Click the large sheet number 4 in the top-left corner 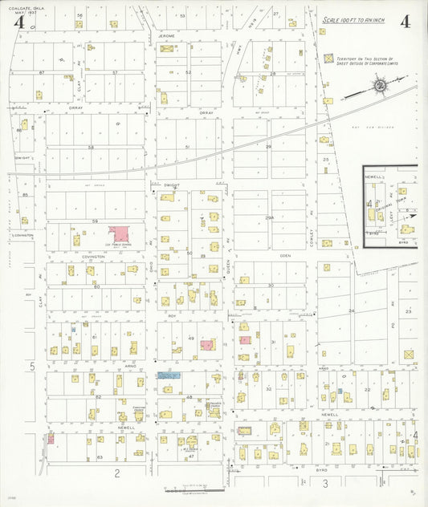coord(18,22)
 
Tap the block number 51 coord(187,148)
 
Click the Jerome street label coord(166,37)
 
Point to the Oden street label coord(285,256)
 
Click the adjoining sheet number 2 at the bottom coord(116,473)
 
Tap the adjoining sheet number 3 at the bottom coord(325,483)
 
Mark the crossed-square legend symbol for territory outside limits coord(328,59)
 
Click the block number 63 coord(99,456)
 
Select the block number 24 coord(351,310)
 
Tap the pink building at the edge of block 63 coord(51,439)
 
